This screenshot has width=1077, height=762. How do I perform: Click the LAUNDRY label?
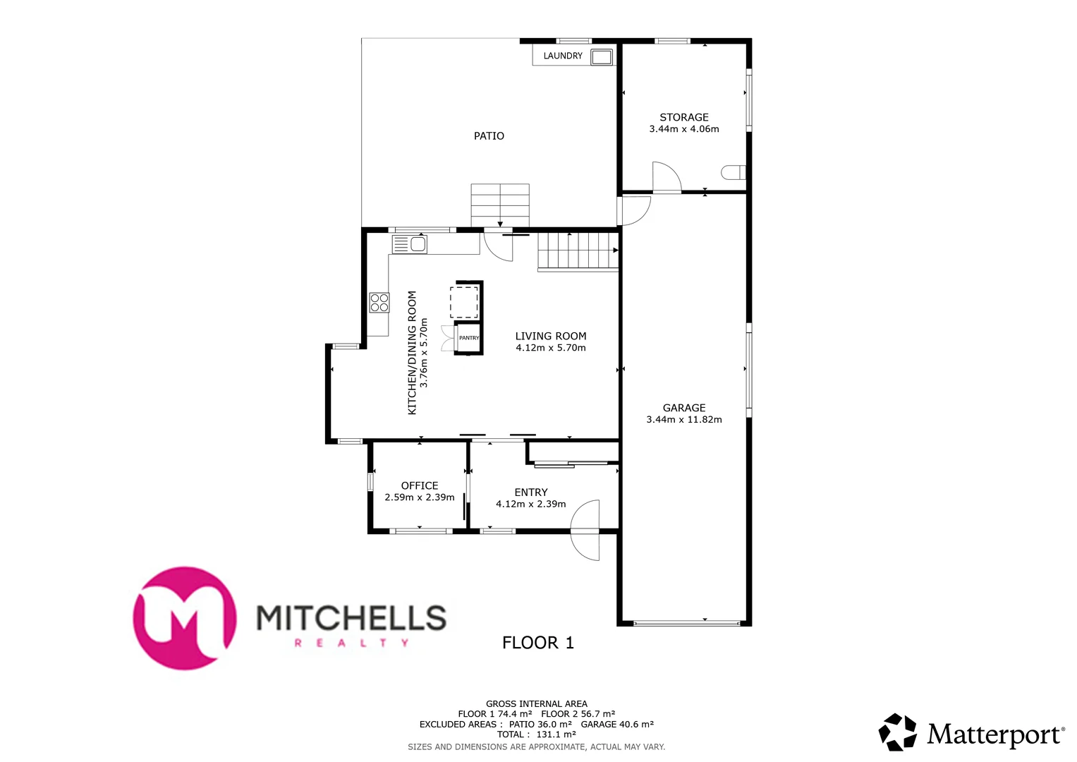[x=562, y=56]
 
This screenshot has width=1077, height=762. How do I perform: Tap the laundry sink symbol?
[x=601, y=56]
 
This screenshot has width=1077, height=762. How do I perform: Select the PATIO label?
[x=489, y=136]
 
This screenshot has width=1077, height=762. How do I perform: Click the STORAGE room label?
[x=683, y=117]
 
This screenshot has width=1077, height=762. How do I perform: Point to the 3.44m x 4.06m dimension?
[x=683, y=129]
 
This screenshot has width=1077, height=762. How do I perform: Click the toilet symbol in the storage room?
[x=733, y=172]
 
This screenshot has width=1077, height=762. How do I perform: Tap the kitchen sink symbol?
[x=410, y=244]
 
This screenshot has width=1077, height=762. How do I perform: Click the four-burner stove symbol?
[x=379, y=303]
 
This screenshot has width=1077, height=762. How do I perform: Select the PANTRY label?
[x=469, y=338]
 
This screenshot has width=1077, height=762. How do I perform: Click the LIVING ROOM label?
[x=550, y=337]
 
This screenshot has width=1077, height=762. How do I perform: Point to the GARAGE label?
[x=683, y=408]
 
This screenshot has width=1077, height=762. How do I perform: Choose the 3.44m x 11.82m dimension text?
[x=683, y=420]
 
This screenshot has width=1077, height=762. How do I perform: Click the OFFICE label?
[x=420, y=485]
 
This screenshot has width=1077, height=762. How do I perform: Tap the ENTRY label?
[x=530, y=492]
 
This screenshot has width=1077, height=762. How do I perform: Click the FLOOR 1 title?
[x=537, y=643]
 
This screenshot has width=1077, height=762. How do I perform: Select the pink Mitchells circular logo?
[x=185, y=618]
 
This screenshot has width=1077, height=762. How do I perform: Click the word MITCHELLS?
[x=351, y=618]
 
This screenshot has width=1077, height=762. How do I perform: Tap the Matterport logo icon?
[x=897, y=732]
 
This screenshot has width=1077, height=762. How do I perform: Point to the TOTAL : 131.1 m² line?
[x=536, y=734]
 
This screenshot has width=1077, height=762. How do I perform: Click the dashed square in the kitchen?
[x=464, y=301]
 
